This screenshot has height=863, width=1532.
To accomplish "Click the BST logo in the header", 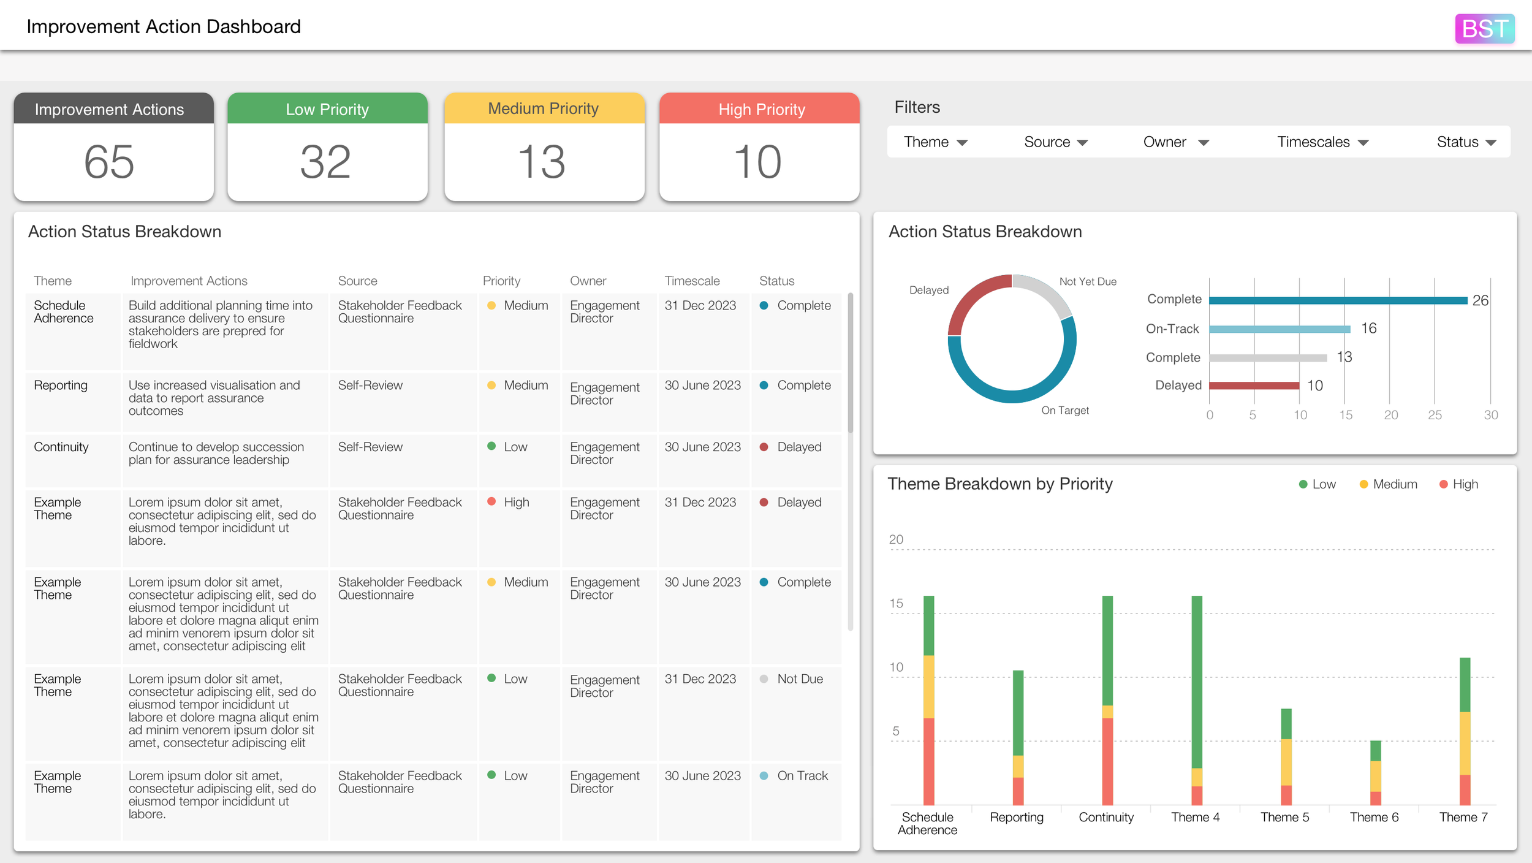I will click(1484, 29).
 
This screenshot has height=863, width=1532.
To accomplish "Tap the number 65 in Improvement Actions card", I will click(109, 162).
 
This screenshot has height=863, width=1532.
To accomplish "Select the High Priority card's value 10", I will click(758, 162).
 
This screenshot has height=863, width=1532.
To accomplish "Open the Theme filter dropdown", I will click(935, 142).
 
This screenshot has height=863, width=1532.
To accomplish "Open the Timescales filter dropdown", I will click(1322, 142).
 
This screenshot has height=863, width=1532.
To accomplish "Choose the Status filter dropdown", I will click(1466, 142).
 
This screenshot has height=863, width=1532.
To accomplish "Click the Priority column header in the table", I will click(501, 281).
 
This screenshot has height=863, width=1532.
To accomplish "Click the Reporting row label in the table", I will click(61, 386).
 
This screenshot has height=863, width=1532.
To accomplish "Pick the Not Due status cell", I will click(799, 679).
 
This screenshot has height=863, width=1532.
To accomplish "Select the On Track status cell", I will click(802, 776).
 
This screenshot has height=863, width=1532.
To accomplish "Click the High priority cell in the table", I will click(515, 503).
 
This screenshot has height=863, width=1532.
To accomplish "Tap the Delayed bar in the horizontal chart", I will click(1254, 386).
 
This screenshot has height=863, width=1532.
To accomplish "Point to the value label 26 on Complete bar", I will click(1479, 300).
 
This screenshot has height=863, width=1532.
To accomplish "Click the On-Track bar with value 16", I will click(1280, 329).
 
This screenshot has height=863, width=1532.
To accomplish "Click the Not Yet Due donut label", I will click(1088, 281).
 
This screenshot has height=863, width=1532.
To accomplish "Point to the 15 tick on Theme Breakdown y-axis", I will click(896, 604).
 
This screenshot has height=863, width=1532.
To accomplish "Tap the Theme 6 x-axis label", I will click(1374, 818).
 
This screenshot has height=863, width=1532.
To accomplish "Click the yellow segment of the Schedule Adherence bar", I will click(928, 686).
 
